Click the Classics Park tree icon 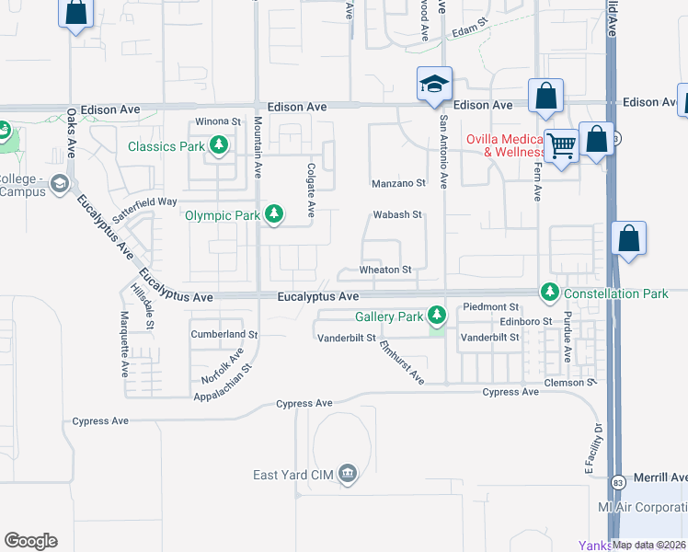coord(218,145)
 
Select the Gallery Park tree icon coord(436,316)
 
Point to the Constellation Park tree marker coord(550,293)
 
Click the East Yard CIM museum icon coord(347,474)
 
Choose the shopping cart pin coord(560,144)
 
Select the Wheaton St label coord(384,270)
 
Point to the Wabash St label coord(396,215)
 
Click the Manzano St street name coord(398,183)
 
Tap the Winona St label coord(216,121)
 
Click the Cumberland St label coord(225,334)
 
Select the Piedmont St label coord(491,306)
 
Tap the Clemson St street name coord(564,383)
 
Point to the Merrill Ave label coord(660,477)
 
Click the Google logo coord(31,541)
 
